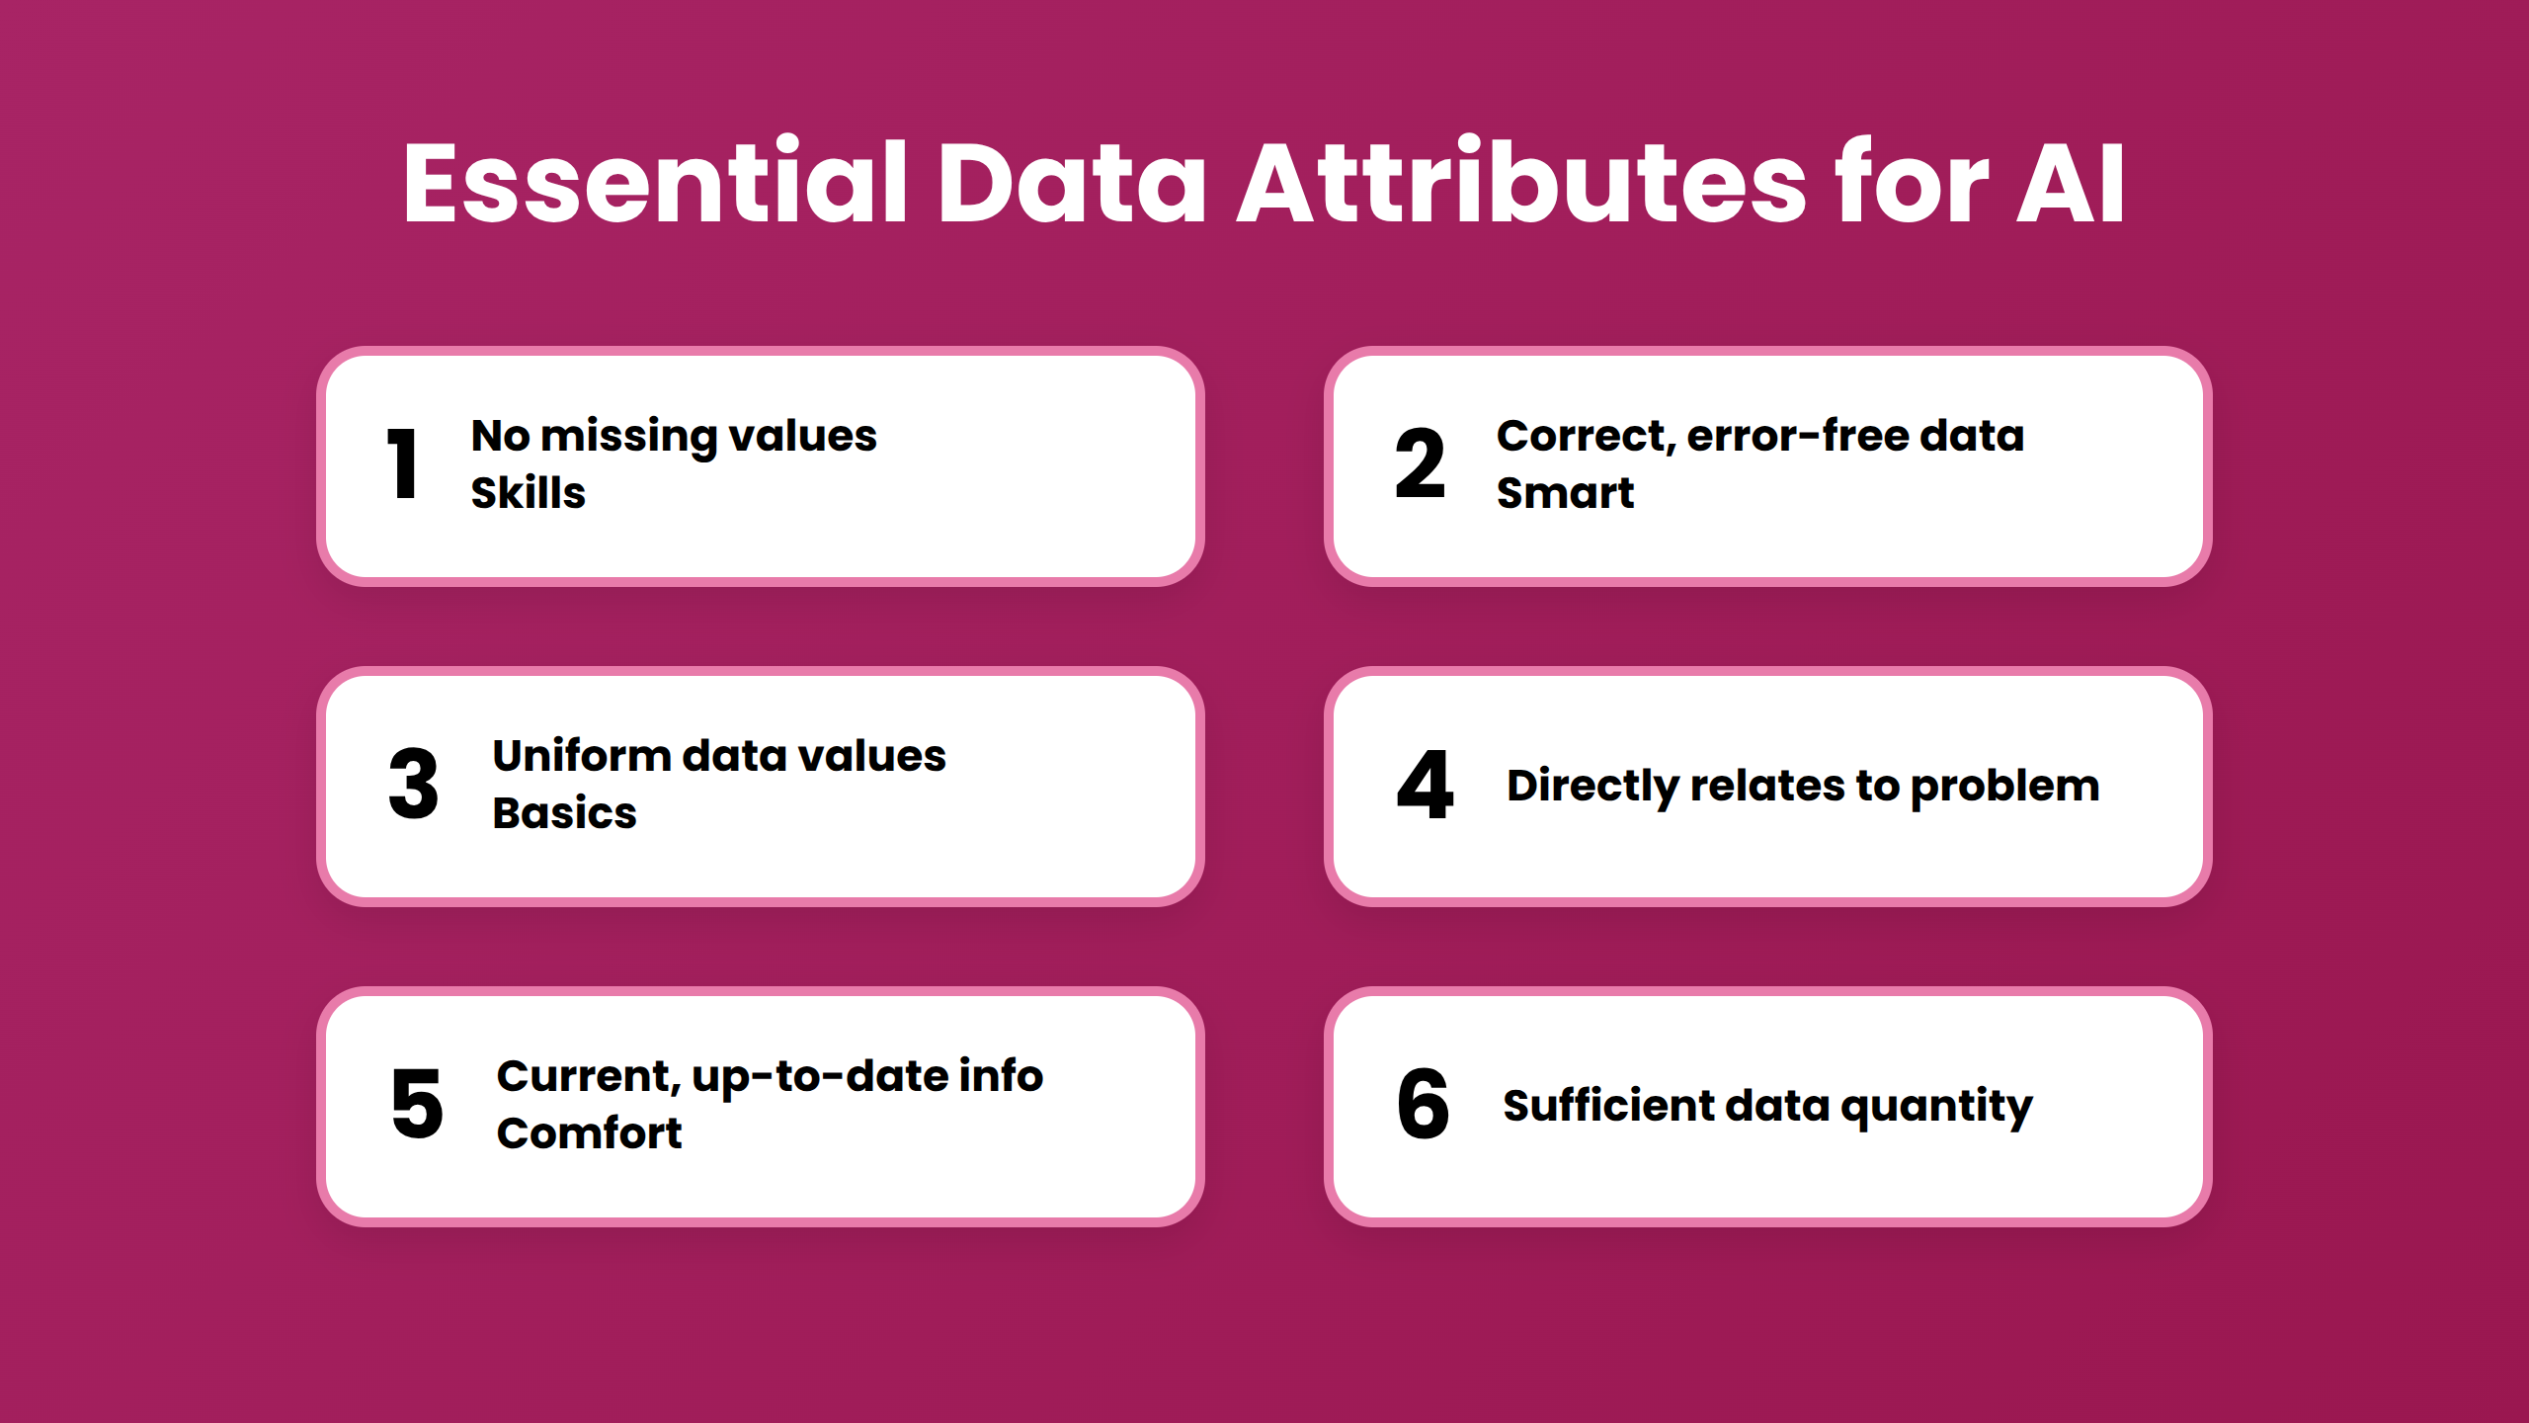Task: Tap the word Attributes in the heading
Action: tap(1522, 184)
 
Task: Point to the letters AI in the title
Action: tap(2070, 184)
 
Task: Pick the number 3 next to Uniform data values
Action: tap(413, 784)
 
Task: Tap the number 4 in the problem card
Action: tap(1425, 784)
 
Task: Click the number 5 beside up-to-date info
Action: tap(417, 1104)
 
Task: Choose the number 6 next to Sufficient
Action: tap(1423, 1104)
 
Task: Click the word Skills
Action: tap(528, 492)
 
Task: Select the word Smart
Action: tap(1565, 492)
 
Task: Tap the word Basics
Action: tap(564, 813)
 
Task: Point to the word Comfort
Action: tap(589, 1132)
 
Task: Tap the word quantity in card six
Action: tap(1936, 1107)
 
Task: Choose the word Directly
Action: tap(1591, 787)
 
